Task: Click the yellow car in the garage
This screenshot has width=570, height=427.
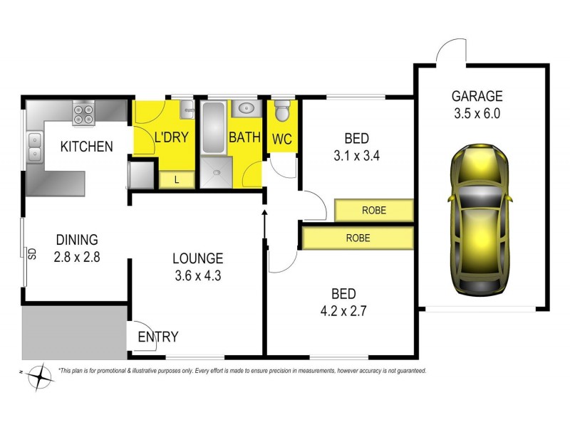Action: pyautogui.click(x=480, y=219)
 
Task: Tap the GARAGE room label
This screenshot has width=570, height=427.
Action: pyautogui.click(x=477, y=96)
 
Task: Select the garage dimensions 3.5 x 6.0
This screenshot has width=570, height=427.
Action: pyautogui.click(x=477, y=112)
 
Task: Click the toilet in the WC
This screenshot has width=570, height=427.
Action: pyautogui.click(x=282, y=112)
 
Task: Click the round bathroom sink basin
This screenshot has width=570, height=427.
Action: pyautogui.click(x=246, y=109)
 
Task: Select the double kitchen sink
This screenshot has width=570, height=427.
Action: pyautogui.click(x=34, y=147)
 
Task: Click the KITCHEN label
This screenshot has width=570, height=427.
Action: pyautogui.click(x=86, y=147)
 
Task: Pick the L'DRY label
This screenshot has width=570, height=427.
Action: pyautogui.click(x=171, y=137)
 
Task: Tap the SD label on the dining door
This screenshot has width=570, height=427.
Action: pyautogui.click(x=31, y=253)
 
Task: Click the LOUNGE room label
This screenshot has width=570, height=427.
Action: pyautogui.click(x=197, y=258)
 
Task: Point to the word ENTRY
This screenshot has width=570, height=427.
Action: pyautogui.click(x=157, y=337)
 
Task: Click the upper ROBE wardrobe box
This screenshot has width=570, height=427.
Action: pyautogui.click(x=374, y=211)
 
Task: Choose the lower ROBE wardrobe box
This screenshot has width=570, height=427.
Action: pyautogui.click(x=358, y=238)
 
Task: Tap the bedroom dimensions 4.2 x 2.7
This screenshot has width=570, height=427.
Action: pyautogui.click(x=343, y=310)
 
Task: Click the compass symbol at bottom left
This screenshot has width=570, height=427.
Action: pyautogui.click(x=41, y=376)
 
